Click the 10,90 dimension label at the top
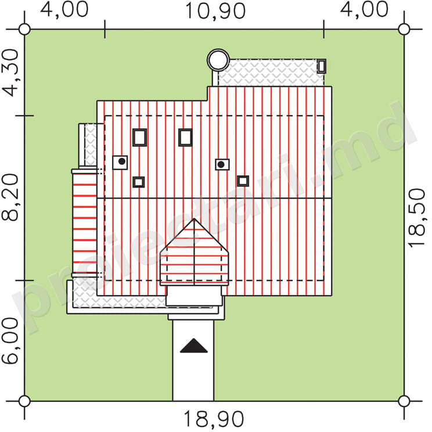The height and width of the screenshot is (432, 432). tap(215, 11)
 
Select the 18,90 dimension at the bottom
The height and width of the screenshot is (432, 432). tap(214, 419)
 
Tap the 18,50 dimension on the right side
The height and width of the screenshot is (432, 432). tap(416, 218)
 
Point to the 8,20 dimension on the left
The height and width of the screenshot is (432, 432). tap(10, 197)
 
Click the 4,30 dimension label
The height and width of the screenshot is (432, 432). tap(10, 73)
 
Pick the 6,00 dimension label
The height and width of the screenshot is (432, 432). tap(10, 341)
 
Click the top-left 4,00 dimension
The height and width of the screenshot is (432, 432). tap(64, 10)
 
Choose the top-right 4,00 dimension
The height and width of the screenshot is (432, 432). tap(364, 10)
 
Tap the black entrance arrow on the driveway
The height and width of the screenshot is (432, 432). tap(194, 345)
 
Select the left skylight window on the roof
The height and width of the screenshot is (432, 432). tap(140, 137)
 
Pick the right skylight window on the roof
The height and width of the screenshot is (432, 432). tap(185, 137)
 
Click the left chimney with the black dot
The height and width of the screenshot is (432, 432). tap(120, 162)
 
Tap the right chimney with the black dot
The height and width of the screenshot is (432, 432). tap(222, 164)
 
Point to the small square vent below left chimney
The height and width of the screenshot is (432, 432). tap(139, 182)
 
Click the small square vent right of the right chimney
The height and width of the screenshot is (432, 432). tap(243, 181)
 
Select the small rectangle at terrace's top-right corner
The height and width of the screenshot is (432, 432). tap(322, 66)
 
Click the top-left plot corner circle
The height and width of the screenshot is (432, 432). tap(24, 29)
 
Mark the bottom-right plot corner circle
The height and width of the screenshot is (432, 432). tap(404, 401)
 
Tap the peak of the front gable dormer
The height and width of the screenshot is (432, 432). tap(195, 219)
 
